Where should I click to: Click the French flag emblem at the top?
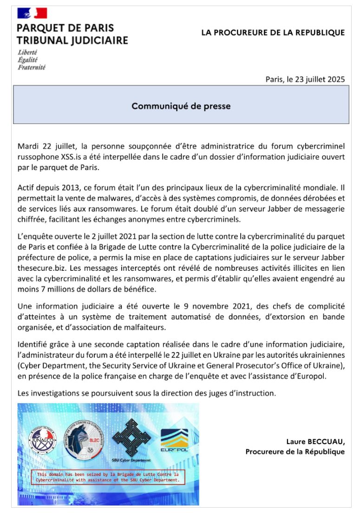(x=32, y=13)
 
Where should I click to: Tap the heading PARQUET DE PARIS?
(x=65, y=28)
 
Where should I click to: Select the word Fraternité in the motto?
(x=32, y=67)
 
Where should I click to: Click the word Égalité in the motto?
(x=28, y=60)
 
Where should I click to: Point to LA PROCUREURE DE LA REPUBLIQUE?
(x=273, y=33)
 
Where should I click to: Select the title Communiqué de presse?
(x=181, y=106)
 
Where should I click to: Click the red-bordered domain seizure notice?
(x=108, y=477)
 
